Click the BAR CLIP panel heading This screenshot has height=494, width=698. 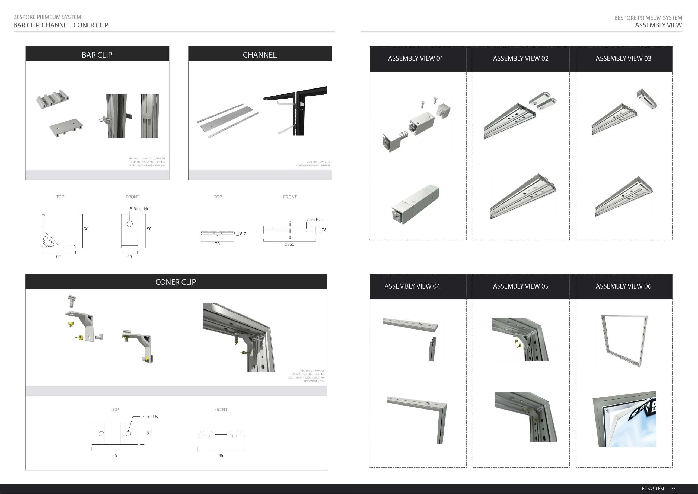coord(97,55)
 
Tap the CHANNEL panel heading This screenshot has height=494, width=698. coord(260,55)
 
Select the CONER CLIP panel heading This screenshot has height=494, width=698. coord(176,282)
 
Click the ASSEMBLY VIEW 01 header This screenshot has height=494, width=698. coord(415,58)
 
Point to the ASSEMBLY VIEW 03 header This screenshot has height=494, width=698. coord(623,58)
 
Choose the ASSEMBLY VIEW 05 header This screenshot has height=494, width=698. coord(521,286)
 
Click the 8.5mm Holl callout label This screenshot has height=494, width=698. coord(141,209)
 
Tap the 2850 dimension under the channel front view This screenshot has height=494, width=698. coord(289,244)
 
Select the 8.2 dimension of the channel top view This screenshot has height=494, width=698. coord(243,234)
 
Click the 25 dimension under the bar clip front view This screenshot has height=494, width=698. coord(129,257)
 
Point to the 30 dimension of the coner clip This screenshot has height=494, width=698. coord(149,433)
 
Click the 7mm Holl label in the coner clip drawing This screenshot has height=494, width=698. coord(151,416)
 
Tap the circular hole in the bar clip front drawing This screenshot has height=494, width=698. coord(130,224)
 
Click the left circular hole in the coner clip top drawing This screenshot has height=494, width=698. coord(101,434)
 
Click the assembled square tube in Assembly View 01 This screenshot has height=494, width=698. coord(415,204)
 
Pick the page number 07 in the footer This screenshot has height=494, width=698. coord(673,489)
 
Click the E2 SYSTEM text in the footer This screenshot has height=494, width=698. coord(653,489)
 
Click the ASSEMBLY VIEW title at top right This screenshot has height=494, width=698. coord(658,25)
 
